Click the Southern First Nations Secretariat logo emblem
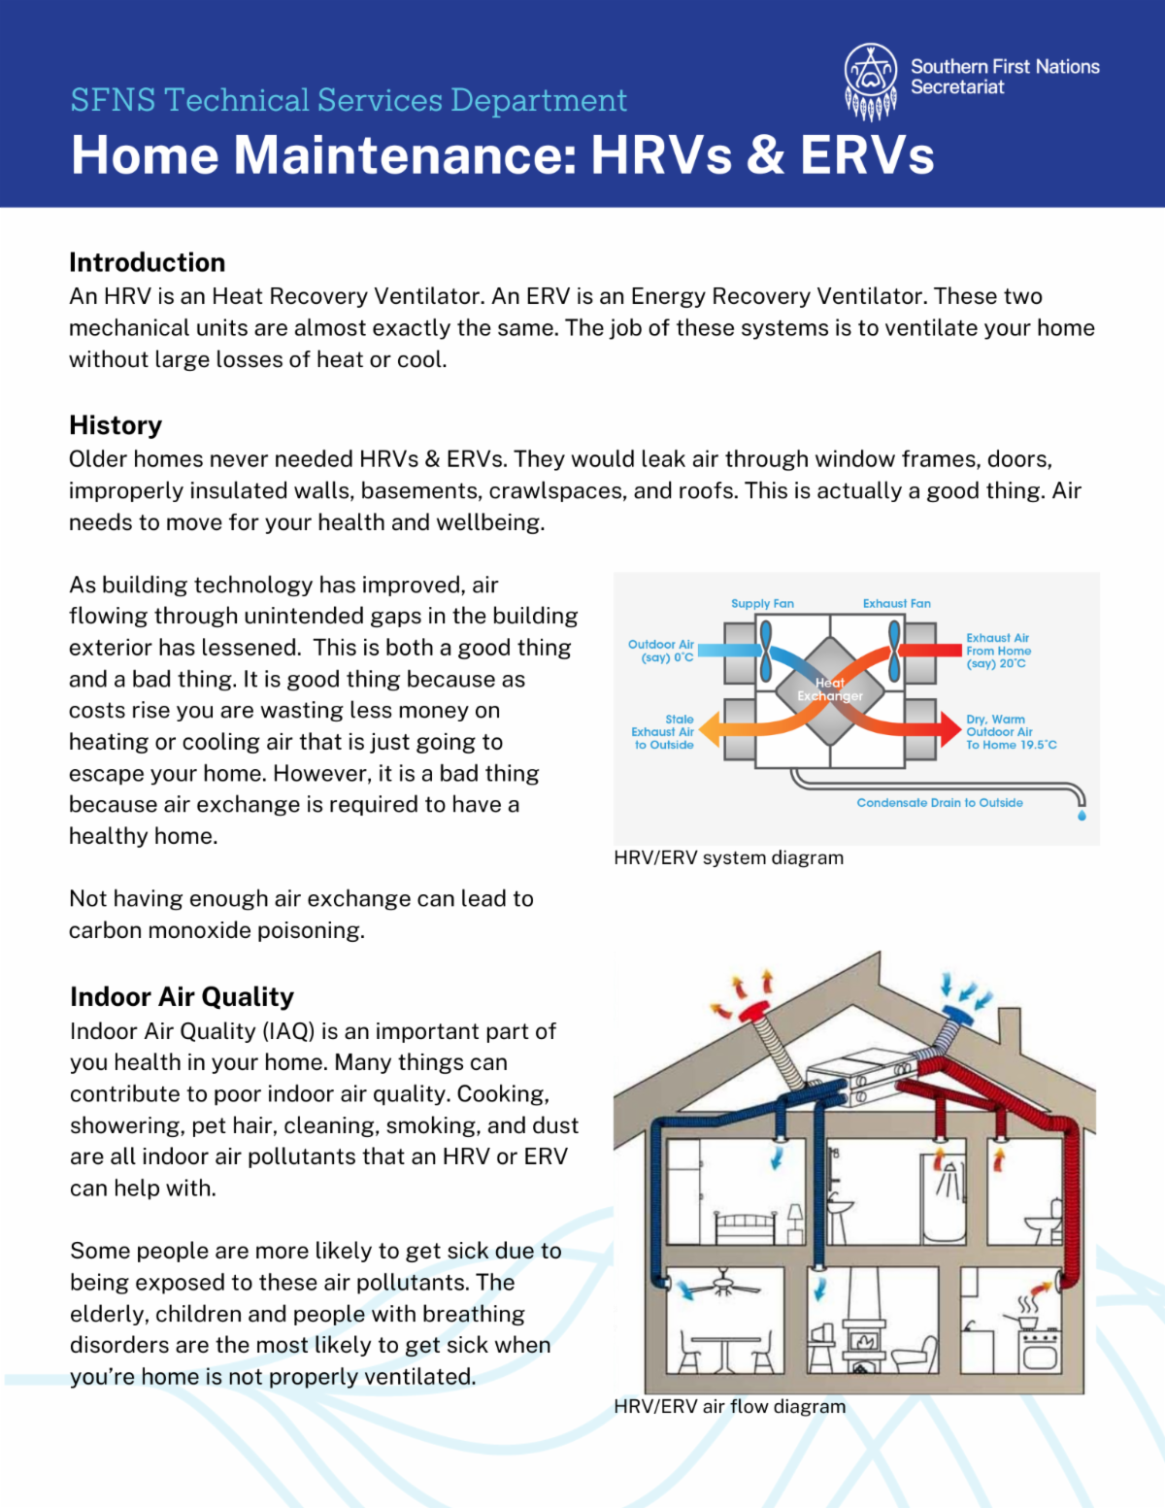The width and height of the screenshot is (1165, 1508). click(871, 80)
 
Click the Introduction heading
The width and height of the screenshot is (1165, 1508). click(147, 262)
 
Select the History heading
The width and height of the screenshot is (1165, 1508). click(116, 425)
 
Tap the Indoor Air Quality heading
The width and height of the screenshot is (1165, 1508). click(182, 997)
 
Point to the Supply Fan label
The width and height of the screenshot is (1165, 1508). click(762, 604)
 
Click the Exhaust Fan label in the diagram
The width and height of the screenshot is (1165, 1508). click(896, 604)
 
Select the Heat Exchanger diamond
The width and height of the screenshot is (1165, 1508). click(829, 690)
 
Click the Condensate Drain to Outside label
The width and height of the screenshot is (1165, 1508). click(939, 803)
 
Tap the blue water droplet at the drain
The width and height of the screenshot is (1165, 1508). click(1082, 816)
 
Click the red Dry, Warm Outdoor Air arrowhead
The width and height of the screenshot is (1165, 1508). click(949, 729)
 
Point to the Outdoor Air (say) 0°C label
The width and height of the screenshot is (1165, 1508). click(661, 651)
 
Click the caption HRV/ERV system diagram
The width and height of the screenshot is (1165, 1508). click(728, 858)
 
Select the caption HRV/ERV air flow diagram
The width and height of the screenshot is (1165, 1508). click(729, 1406)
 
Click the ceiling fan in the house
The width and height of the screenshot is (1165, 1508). click(723, 1286)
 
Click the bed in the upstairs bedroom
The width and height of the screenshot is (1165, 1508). click(746, 1227)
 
